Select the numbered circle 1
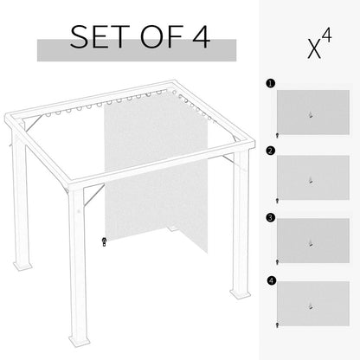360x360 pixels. [270, 85]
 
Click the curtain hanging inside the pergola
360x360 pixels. [143, 169]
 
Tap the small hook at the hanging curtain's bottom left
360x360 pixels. [103, 242]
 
